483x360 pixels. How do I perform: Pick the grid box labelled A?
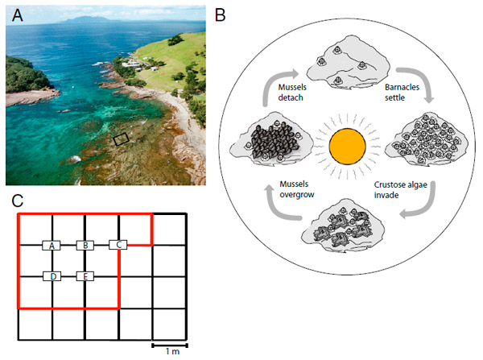(52, 245)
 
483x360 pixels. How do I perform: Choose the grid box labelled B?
(85, 245)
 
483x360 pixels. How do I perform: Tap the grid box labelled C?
(118, 245)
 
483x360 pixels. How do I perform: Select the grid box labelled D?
(52, 277)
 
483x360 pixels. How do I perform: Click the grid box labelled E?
(85, 277)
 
